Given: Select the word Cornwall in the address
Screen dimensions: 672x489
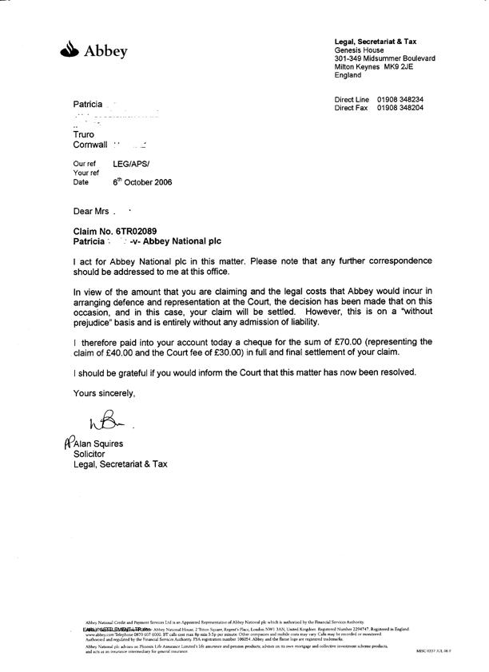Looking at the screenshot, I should tap(90, 145).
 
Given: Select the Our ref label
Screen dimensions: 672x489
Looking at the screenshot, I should tap(84, 162).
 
